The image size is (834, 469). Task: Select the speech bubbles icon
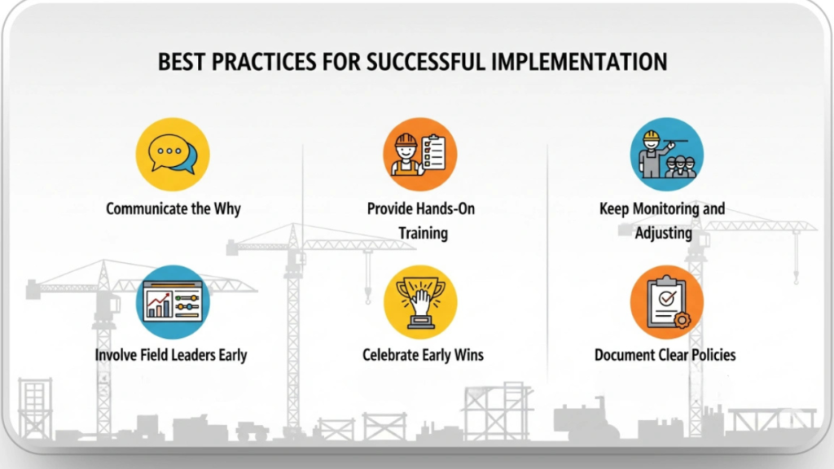(172, 154)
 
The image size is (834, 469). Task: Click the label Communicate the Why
(173, 208)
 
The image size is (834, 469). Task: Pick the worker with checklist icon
(419, 154)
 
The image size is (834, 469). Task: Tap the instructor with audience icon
(666, 154)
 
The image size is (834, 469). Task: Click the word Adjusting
(663, 234)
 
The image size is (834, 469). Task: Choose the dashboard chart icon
(172, 301)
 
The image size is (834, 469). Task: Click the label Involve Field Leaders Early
(171, 355)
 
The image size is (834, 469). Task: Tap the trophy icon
(419, 301)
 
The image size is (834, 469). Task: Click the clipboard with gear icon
(666, 301)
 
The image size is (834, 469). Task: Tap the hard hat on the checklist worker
(406, 140)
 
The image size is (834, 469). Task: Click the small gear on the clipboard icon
(682, 320)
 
